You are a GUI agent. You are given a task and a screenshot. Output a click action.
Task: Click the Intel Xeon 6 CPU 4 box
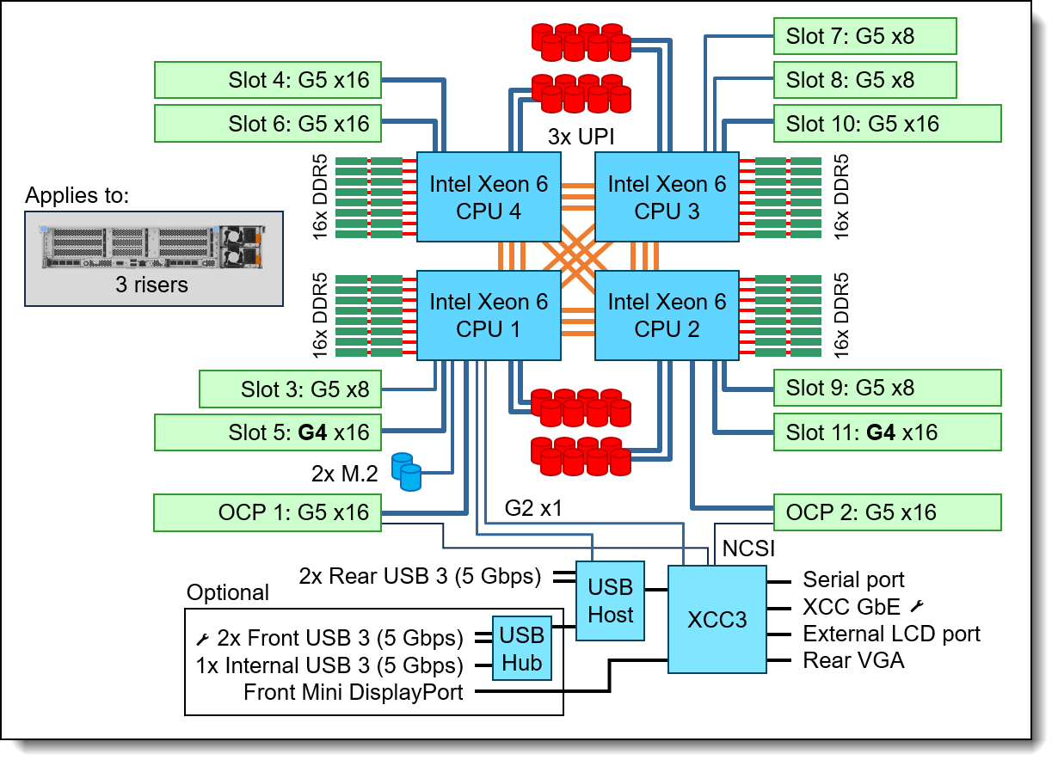(x=489, y=197)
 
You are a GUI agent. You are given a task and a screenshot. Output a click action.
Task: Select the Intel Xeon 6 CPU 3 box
(x=667, y=197)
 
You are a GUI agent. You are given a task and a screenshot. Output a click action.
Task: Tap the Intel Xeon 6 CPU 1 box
(x=489, y=316)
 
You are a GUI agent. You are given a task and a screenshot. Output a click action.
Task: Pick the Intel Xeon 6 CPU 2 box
(x=667, y=316)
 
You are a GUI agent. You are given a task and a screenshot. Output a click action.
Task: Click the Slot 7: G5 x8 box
(x=865, y=36)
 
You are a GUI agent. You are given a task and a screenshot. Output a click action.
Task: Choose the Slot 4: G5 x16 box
(x=268, y=80)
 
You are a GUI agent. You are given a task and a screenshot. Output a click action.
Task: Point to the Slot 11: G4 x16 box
(x=888, y=432)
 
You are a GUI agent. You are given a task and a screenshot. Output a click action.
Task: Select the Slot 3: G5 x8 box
(x=290, y=389)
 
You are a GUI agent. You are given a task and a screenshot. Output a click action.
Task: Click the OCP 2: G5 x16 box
(x=888, y=512)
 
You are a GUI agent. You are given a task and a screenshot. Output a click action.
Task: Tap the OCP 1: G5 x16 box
(x=268, y=513)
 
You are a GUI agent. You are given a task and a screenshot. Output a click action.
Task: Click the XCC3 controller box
(x=717, y=619)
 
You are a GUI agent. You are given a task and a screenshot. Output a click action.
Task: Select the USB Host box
(x=610, y=601)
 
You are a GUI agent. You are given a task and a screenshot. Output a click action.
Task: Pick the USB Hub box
(x=522, y=648)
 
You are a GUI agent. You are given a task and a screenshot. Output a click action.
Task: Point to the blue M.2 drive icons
(x=406, y=472)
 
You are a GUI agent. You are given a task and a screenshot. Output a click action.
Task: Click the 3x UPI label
(x=581, y=137)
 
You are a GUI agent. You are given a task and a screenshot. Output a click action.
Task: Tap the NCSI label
(x=748, y=548)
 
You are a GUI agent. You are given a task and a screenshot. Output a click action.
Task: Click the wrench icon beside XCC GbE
(x=917, y=606)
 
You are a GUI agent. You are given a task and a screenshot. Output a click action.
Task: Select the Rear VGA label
(x=853, y=660)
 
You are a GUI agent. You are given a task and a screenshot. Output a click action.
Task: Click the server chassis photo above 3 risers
(x=152, y=247)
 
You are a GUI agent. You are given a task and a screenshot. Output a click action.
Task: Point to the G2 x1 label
(x=533, y=508)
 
